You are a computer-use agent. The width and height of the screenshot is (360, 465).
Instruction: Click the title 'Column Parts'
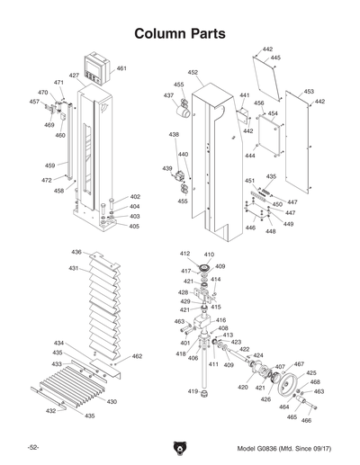click(x=179, y=33)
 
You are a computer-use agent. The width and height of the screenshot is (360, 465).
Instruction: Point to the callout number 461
click(x=121, y=69)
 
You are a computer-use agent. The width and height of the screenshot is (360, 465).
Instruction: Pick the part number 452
click(x=193, y=72)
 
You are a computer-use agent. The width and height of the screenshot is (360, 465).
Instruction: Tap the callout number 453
click(x=309, y=92)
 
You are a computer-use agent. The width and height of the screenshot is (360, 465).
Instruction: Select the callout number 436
click(x=76, y=253)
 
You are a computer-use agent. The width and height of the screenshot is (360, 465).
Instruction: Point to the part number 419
click(x=193, y=392)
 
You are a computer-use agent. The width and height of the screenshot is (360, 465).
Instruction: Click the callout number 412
click(x=184, y=255)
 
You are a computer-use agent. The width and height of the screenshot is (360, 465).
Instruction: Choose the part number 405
click(x=134, y=226)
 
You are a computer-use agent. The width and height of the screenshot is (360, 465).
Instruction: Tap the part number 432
click(x=51, y=410)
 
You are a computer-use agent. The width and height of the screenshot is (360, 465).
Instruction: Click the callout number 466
click(x=306, y=420)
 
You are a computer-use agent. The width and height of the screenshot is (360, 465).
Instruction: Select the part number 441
click(x=244, y=94)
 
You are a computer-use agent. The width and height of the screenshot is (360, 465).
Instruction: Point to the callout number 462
click(x=137, y=357)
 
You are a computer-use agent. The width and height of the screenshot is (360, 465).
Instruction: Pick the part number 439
click(x=166, y=168)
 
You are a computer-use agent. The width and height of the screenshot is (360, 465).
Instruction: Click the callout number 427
click(x=75, y=76)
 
